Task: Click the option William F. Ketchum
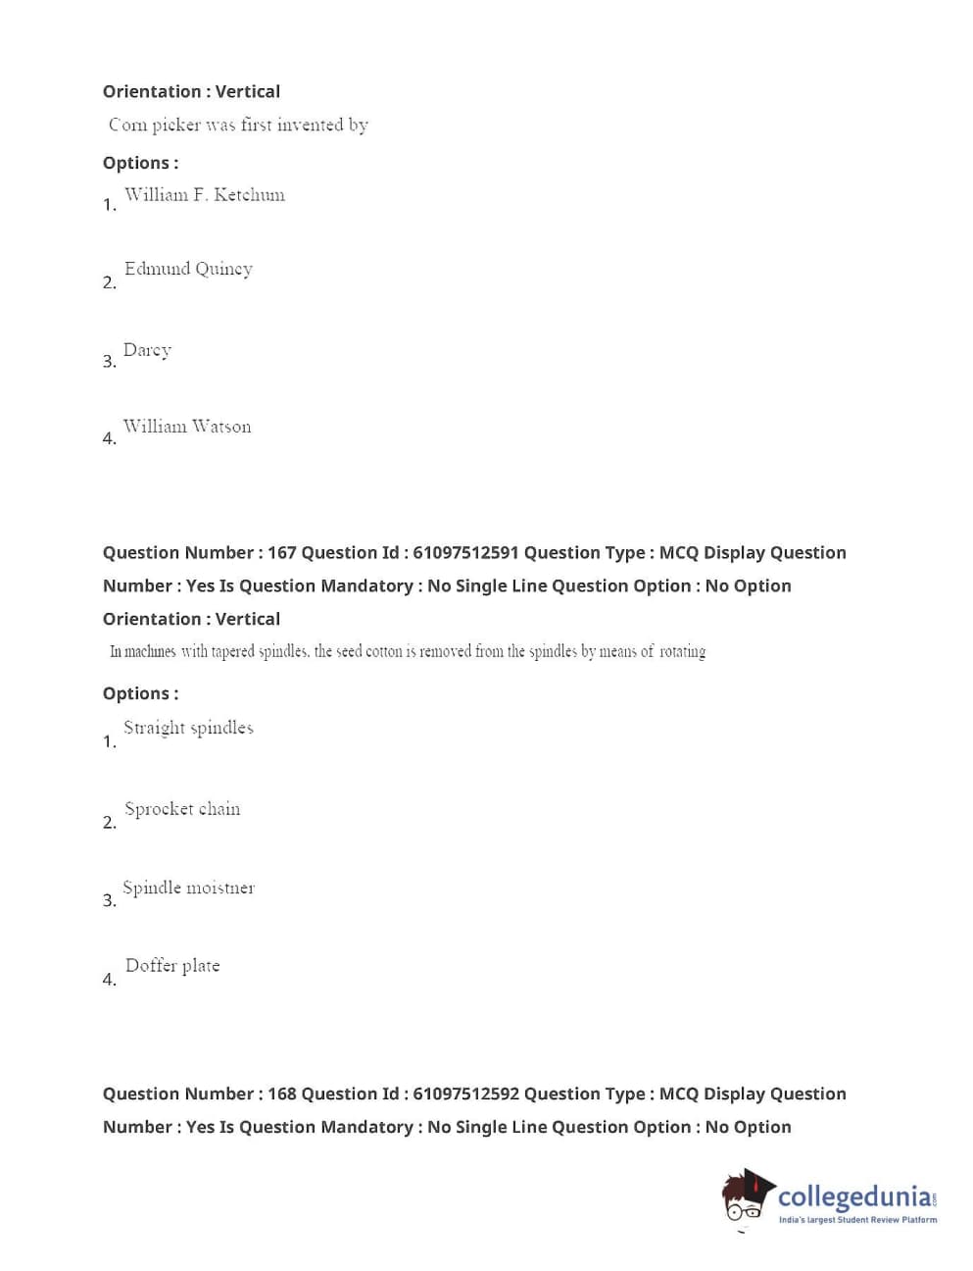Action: [204, 195]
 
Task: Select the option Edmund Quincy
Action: [188, 270]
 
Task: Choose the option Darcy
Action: [147, 350]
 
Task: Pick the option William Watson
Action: [186, 427]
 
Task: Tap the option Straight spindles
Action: [188, 728]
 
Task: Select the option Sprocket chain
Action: [182, 809]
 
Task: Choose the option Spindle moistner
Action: [188, 888]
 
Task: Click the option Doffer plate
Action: [172, 966]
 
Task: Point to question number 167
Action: [281, 553]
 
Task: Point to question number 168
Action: [281, 1094]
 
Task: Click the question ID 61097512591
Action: [465, 553]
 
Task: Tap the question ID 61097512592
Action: [465, 1094]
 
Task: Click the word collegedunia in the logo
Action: [853, 1196]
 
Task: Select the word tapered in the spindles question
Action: [233, 651]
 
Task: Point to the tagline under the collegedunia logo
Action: [857, 1220]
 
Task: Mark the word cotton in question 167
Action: [384, 651]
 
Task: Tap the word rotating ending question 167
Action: [682, 651]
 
